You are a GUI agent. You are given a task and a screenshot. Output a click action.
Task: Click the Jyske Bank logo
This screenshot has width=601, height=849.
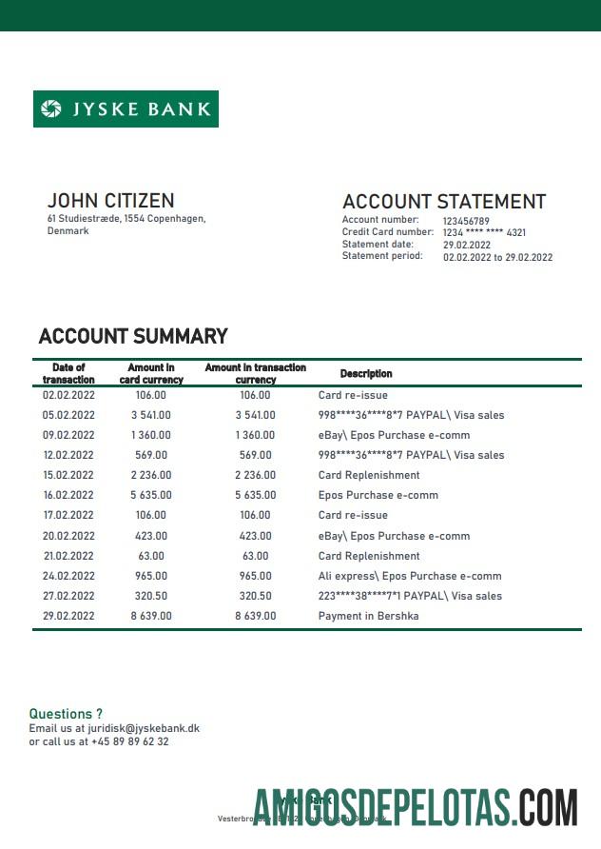point(126,109)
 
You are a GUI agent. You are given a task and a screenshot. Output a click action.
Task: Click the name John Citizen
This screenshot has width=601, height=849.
point(110,201)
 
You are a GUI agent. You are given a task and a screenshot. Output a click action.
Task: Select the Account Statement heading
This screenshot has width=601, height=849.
point(444,202)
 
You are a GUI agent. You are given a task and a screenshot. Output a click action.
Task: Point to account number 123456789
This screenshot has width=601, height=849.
point(466,221)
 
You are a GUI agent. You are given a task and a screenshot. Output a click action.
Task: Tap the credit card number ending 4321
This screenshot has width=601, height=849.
point(485,232)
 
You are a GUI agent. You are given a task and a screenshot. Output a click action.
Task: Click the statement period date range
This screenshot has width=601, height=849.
point(497,257)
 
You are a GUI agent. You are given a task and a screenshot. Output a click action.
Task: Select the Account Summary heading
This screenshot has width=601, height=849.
point(133,336)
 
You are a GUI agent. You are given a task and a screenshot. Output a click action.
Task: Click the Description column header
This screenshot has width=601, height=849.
point(366,374)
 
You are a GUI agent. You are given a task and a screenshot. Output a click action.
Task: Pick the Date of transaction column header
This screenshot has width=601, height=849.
point(68,373)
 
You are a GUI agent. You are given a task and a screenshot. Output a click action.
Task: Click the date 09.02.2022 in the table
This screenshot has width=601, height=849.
point(68,435)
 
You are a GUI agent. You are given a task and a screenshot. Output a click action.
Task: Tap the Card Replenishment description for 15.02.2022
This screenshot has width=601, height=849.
point(369,475)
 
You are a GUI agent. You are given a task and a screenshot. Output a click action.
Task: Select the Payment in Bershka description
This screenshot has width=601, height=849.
point(368,616)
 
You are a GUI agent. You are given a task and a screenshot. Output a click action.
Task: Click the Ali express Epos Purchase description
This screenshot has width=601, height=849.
point(410,576)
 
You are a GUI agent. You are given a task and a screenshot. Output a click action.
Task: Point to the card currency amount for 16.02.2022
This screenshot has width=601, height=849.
point(150,495)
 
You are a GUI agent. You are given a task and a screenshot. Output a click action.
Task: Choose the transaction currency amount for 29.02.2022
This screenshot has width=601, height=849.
point(256,616)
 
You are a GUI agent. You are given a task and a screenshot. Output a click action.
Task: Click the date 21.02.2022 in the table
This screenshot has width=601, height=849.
point(68,556)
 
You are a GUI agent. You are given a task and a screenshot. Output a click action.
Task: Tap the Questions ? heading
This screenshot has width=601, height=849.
point(66,714)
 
